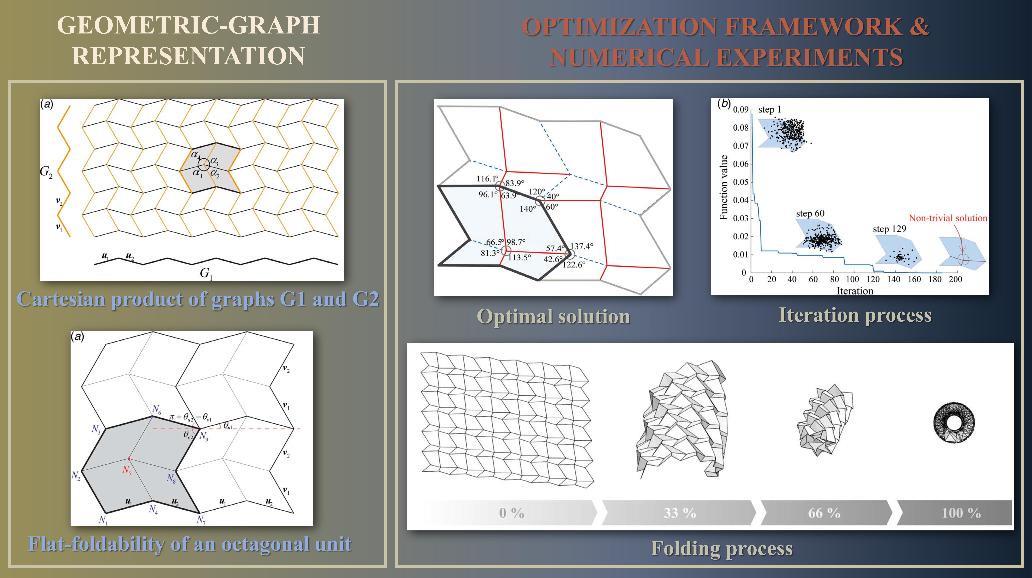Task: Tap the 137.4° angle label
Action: click(x=582, y=246)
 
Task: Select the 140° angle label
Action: click(x=528, y=209)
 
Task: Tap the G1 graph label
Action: click(x=206, y=274)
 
